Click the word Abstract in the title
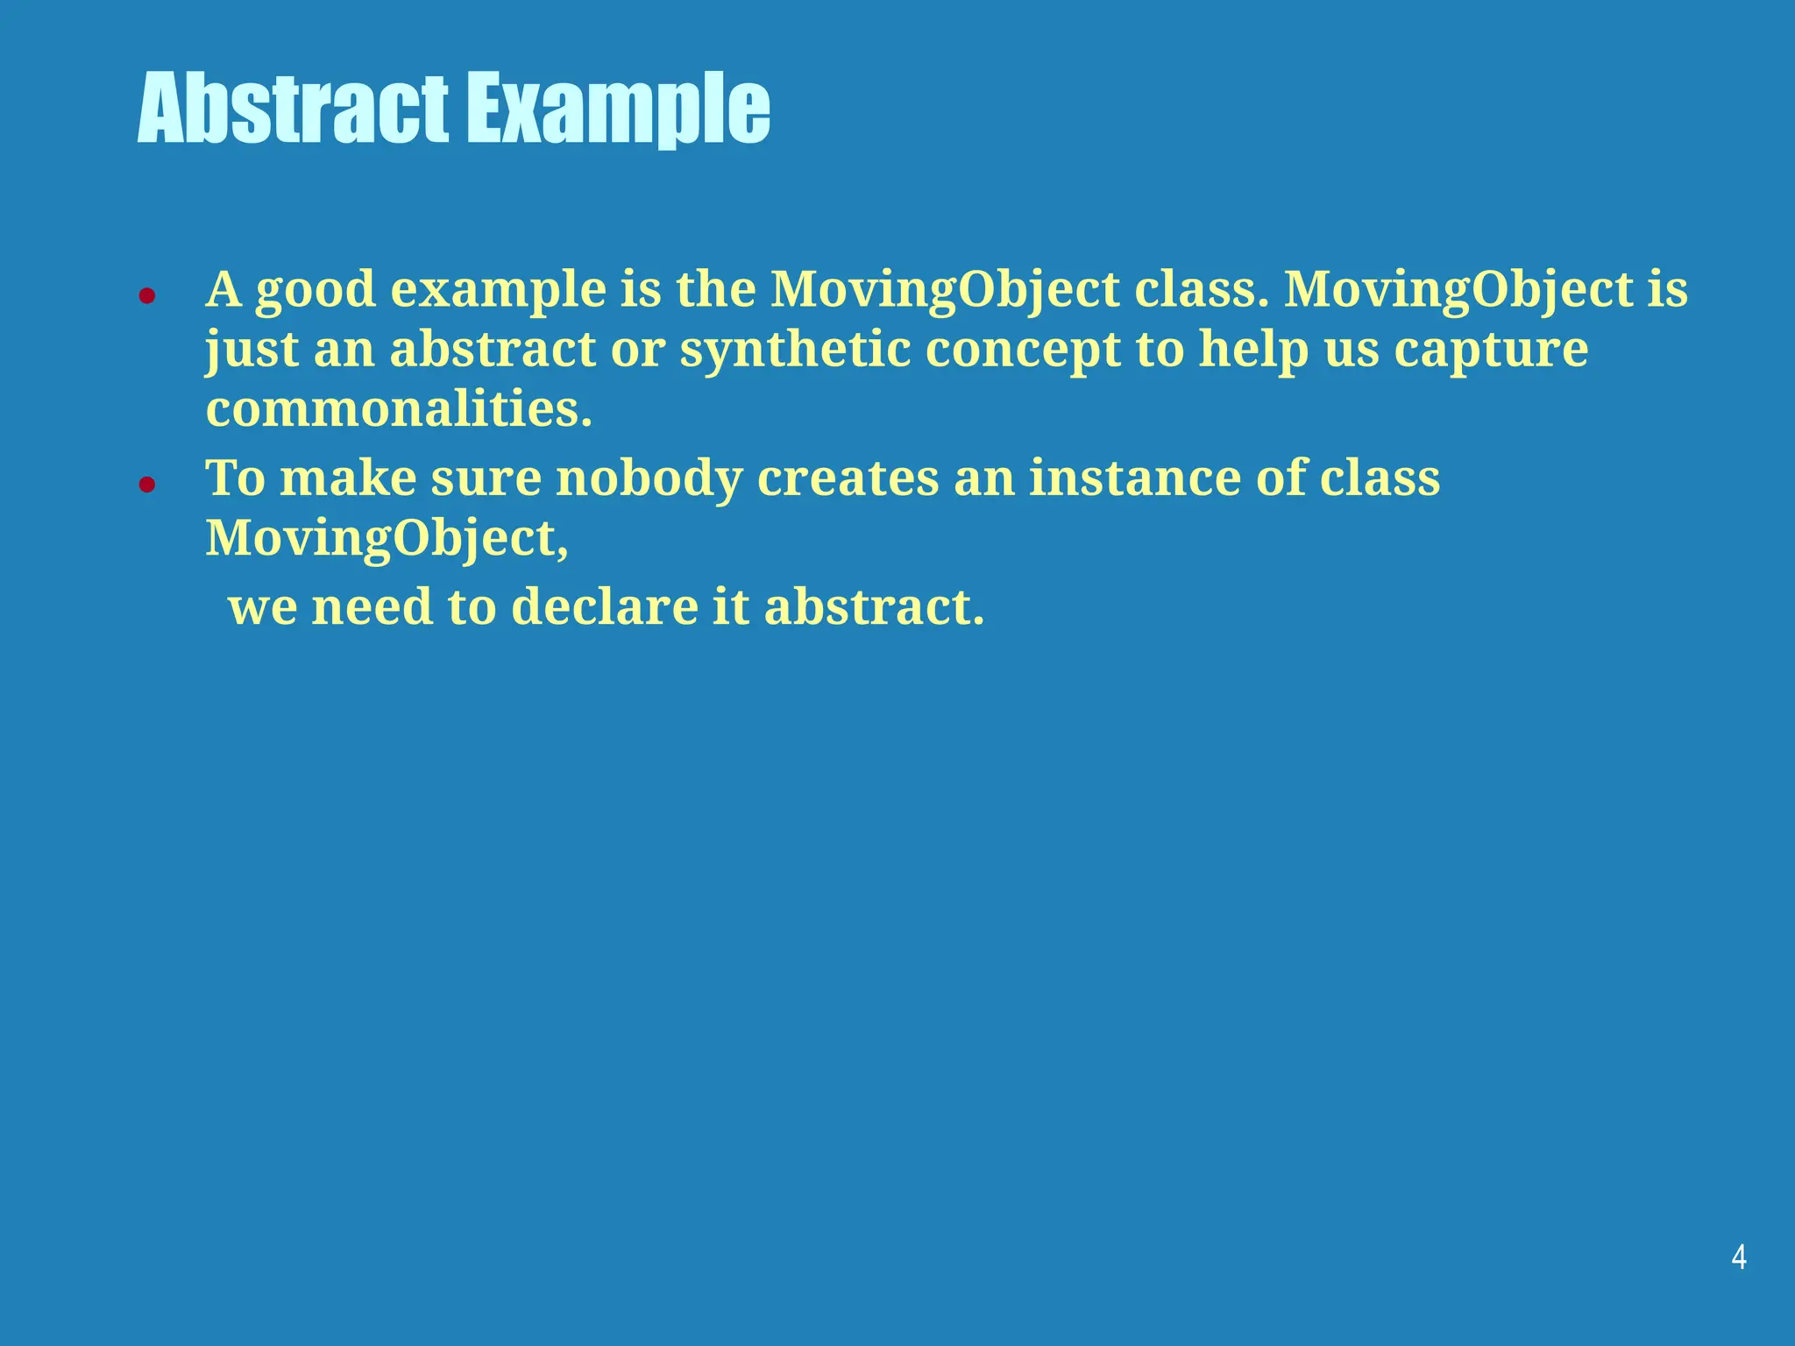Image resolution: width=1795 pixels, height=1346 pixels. (x=293, y=109)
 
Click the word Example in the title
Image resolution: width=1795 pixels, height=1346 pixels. (x=617, y=109)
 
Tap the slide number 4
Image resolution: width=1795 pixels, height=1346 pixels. (x=1739, y=1257)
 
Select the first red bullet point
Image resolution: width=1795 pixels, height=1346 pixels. (x=147, y=296)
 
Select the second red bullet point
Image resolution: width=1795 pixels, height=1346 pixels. (x=147, y=484)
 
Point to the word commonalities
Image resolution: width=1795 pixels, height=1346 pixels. (x=399, y=408)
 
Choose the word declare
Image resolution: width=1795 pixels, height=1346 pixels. (x=604, y=606)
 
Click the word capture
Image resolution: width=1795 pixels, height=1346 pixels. (x=1491, y=351)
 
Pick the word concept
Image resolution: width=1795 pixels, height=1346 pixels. (x=1022, y=351)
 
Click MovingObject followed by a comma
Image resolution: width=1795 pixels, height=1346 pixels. (x=387, y=538)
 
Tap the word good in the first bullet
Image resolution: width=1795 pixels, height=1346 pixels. (x=316, y=291)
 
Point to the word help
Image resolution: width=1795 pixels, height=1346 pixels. (x=1253, y=349)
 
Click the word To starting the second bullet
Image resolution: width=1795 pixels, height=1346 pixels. (x=235, y=478)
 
